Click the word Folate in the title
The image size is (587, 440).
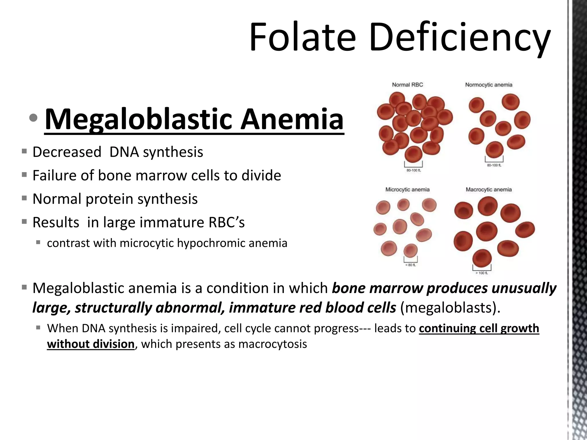(x=302, y=37)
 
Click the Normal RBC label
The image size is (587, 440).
(x=407, y=85)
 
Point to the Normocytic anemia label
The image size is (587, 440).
(x=488, y=85)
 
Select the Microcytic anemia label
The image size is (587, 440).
(x=407, y=190)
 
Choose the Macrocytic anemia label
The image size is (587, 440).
(x=488, y=190)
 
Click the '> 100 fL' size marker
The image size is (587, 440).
(x=482, y=273)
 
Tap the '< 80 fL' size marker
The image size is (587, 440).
(x=410, y=265)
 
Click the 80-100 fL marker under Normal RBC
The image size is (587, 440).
(x=413, y=170)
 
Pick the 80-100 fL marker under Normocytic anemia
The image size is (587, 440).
(x=494, y=165)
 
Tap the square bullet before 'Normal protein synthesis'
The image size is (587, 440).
(x=24, y=198)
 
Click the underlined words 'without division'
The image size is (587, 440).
(x=91, y=344)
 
